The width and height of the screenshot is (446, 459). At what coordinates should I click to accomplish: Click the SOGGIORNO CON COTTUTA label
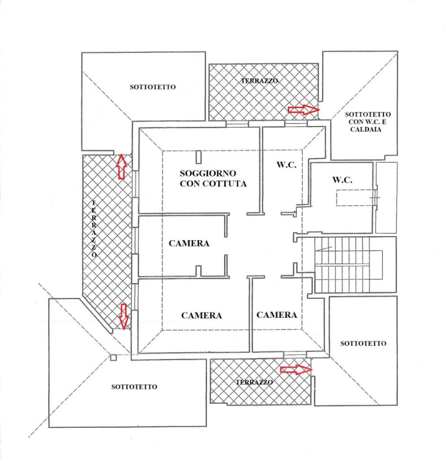(x=213, y=178)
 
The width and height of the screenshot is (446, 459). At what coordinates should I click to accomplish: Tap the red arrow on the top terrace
(x=304, y=110)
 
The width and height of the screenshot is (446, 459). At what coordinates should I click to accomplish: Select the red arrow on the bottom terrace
(x=296, y=370)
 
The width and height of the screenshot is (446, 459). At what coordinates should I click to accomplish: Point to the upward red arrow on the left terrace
(x=121, y=166)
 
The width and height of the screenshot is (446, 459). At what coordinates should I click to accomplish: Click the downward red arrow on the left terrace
(x=124, y=316)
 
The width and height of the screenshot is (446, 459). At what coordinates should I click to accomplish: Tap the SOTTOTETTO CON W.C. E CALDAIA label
(x=368, y=122)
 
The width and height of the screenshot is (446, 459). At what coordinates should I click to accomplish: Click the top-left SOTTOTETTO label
(x=153, y=87)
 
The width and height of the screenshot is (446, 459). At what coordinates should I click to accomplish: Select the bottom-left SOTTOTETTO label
(x=134, y=387)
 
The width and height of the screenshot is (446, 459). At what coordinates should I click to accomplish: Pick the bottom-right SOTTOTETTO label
(x=363, y=343)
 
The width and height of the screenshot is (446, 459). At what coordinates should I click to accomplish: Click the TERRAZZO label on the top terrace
(x=259, y=81)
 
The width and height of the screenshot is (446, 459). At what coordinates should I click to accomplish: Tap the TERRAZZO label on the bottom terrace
(x=254, y=382)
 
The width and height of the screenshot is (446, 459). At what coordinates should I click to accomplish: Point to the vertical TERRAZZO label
(x=94, y=229)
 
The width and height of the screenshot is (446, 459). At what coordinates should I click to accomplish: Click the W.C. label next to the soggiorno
(x=287, y=165)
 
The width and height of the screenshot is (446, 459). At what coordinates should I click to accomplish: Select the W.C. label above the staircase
(x=342, y=180)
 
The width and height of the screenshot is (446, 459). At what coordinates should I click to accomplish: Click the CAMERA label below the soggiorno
(x=189, y=243)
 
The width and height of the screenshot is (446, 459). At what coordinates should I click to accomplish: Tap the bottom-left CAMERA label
(x=202, y=315)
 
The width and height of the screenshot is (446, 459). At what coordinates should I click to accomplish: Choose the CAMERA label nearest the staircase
(x=277, y=315)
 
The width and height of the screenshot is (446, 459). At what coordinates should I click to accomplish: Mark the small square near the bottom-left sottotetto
(x=113, y=357)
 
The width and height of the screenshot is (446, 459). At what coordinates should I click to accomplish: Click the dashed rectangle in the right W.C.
(x=355, y=198)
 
